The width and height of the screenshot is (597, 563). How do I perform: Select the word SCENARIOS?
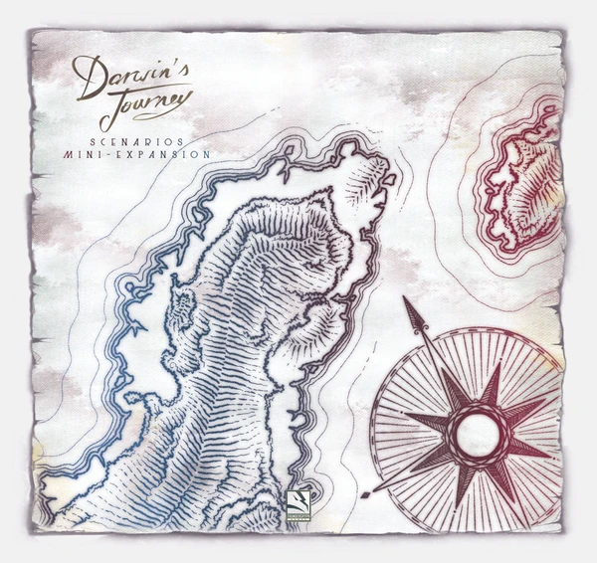pos(140,141)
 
